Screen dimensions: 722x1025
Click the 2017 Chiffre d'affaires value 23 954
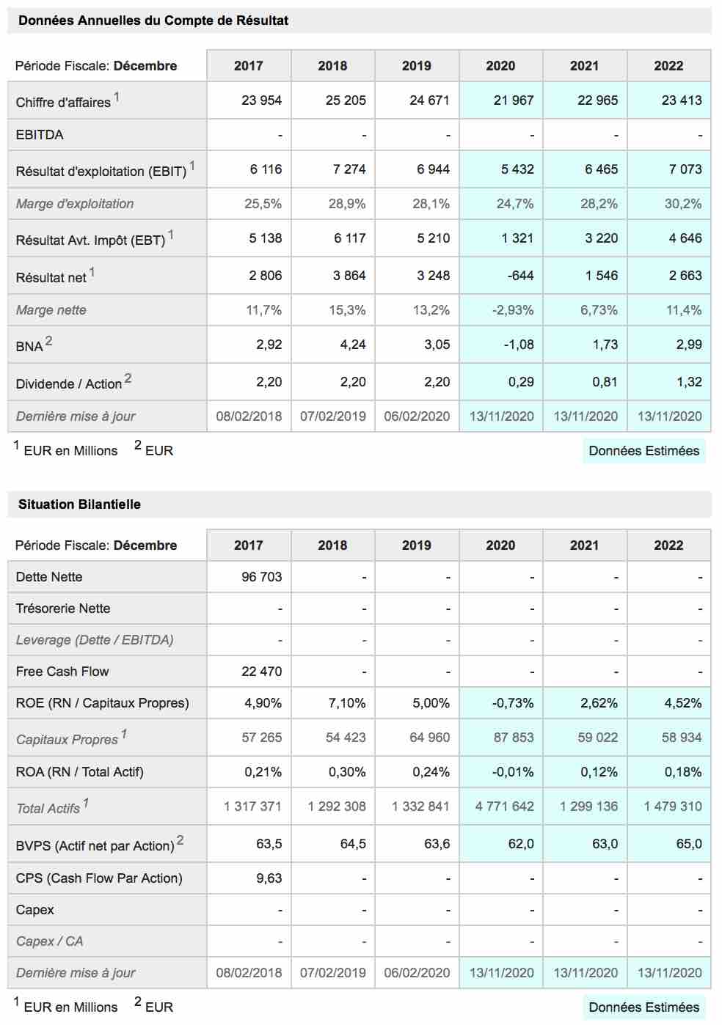[261, 100]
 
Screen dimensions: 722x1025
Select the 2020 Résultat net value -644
[520, 276]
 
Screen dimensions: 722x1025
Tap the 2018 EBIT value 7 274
[349, 169]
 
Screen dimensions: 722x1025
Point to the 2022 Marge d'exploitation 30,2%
[683, 204]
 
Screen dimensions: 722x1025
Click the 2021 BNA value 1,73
[605, 345]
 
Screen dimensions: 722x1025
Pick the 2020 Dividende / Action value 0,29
[521, 382]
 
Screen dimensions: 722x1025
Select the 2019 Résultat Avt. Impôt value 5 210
[433, 238]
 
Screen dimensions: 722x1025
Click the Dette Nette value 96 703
[261, 576]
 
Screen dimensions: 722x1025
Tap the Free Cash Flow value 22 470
[261, 672]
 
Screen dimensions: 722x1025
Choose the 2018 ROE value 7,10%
[347, 703]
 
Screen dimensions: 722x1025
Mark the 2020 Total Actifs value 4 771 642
[505, 806]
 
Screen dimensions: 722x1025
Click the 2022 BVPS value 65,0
[689, 843]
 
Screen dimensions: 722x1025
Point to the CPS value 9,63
[269, 878]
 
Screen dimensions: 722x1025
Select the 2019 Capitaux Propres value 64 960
[429, 737]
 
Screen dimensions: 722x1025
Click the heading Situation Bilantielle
[80, 504]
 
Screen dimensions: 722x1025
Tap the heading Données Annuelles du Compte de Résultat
[153, 21]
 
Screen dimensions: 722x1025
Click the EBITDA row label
[40, 134]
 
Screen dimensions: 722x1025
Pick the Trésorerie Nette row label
[63, 608]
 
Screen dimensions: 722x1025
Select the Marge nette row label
[51, 310]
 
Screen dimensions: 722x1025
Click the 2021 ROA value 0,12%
[599, 772]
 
